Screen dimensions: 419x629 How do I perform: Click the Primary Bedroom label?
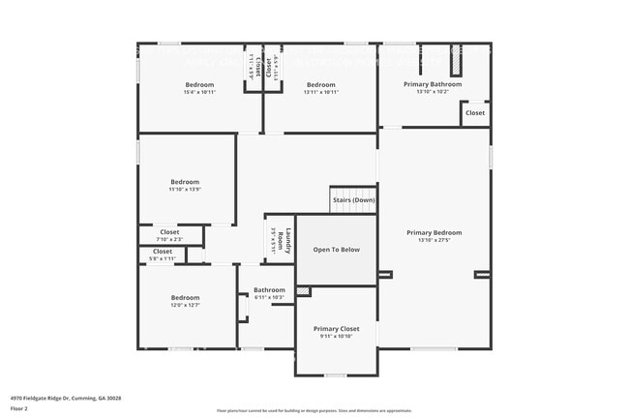pos(434,232)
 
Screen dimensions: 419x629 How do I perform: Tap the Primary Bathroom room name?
pos(433,84)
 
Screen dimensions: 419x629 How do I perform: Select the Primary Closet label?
pos(337,329)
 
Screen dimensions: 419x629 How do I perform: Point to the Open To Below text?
pos(336,250)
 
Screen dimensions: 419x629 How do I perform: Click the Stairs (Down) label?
pos(353,201)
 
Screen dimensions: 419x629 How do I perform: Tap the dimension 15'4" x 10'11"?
pos(199,93)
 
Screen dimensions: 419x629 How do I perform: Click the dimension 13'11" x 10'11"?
pos(320,93)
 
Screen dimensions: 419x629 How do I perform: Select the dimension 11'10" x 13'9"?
pos(185,190)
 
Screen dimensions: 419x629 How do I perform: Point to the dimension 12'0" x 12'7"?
pos(185,306)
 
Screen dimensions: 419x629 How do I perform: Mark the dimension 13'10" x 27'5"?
pos(434,240)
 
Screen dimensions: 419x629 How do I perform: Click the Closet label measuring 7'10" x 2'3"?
pos(169,232)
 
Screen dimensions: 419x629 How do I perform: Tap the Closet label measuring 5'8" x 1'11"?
pos(163,252)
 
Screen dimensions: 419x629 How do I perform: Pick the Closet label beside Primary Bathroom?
pos(475,113)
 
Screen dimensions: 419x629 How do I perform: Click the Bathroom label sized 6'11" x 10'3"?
pos(269,290)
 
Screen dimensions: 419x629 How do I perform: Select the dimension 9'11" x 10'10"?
pos(337,337)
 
